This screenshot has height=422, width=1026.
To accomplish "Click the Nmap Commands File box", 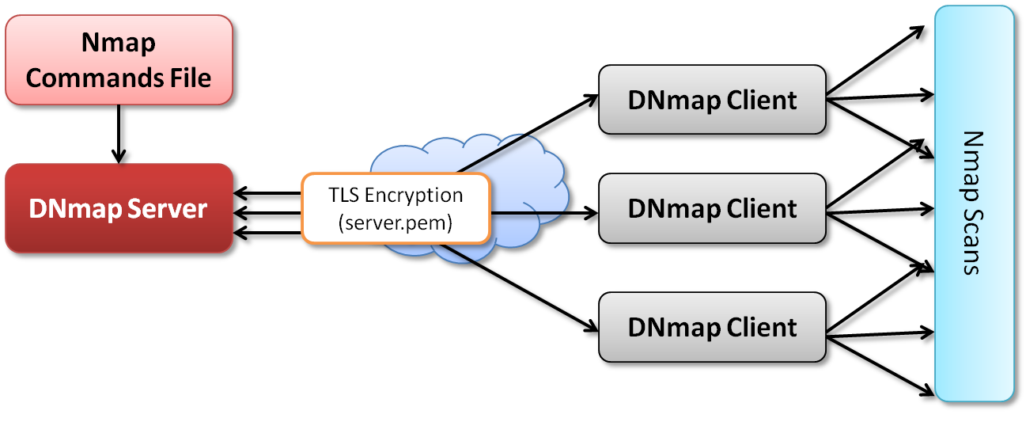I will click(119, 59).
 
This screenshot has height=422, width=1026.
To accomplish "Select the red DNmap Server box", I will click(119, 208).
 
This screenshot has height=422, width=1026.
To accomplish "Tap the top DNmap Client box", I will click(712, 101).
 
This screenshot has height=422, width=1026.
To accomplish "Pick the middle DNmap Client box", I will click(712, 209).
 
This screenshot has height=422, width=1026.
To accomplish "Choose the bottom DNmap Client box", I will click(712, 327).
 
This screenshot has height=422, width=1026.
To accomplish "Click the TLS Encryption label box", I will click(395, 208).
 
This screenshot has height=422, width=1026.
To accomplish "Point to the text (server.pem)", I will click(395, 222).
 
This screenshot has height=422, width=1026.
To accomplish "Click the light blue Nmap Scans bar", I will click(973, 202).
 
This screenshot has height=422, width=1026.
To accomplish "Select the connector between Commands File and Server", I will click(119, 135).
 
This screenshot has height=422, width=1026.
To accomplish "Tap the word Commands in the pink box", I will click(86, 78).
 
